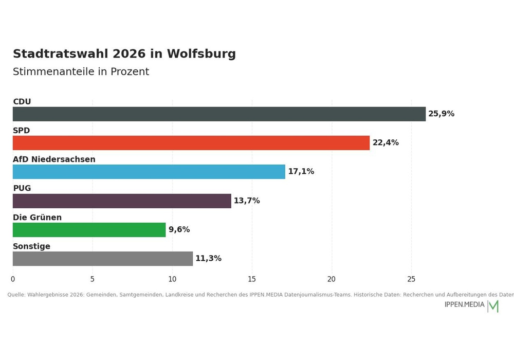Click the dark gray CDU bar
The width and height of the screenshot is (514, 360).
click(219, 114)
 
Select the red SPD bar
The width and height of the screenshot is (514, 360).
click(191, 143)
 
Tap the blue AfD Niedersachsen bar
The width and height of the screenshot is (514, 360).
click(149, 172)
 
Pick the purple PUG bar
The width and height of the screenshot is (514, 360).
click(122, 201)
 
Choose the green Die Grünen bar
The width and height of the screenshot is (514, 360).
click(89, 230)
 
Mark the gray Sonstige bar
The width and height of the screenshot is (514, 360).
click(103, 259)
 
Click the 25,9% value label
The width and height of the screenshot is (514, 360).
click(441, 114)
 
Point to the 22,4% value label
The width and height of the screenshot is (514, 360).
click(385, 142)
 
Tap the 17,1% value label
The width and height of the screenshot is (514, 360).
click(301, 171)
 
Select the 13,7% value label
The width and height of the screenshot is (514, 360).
click(247, 201)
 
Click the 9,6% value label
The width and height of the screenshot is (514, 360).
click(179, 229)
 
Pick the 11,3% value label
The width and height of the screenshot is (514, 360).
click(208, 258)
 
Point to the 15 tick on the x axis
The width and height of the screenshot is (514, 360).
click(252, 279)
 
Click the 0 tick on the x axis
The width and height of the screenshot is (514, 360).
click(13, 279)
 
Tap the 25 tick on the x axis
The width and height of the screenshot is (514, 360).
click(411, 279)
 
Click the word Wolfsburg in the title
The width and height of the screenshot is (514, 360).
click(201, 54)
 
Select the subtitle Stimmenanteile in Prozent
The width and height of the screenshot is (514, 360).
click(81, 71)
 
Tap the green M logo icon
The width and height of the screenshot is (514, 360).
click(493, 306)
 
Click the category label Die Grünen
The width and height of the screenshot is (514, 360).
click(37, 218)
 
